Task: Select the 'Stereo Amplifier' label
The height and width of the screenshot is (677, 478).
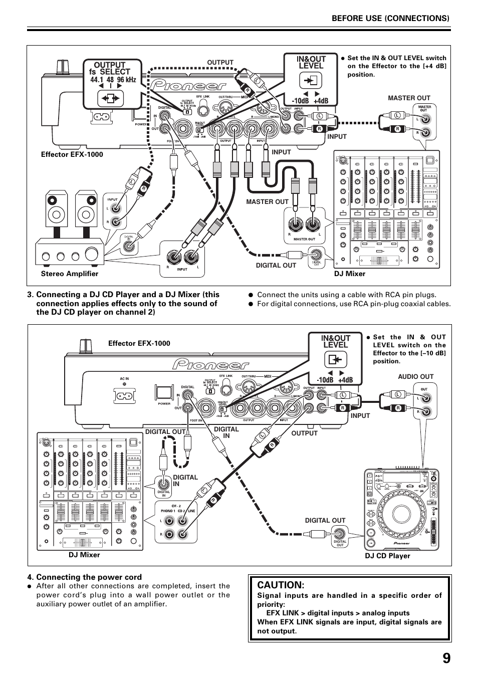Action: (70, 274)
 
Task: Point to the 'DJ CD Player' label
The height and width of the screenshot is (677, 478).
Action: (387, 556)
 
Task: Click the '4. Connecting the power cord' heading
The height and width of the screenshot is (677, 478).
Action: (89, 577)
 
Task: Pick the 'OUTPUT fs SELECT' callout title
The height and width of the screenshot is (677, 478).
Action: (112, 68)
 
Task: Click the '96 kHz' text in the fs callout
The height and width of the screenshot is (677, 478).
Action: (127, 80)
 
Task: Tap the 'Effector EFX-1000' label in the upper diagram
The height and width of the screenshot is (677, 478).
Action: (72, 154)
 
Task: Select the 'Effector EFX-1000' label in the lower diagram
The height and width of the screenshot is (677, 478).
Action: (139, 343)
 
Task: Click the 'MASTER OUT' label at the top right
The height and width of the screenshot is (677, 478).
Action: (409, 98)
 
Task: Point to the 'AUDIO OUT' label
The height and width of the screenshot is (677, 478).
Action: (415, 376)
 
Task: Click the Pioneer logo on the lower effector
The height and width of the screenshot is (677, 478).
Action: (210, 364)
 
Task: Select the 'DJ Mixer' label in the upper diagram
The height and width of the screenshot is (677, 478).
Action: (350, 274)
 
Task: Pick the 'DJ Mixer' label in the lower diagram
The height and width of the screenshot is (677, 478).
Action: (84, 555)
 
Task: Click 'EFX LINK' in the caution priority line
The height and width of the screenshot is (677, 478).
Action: (282, 613)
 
